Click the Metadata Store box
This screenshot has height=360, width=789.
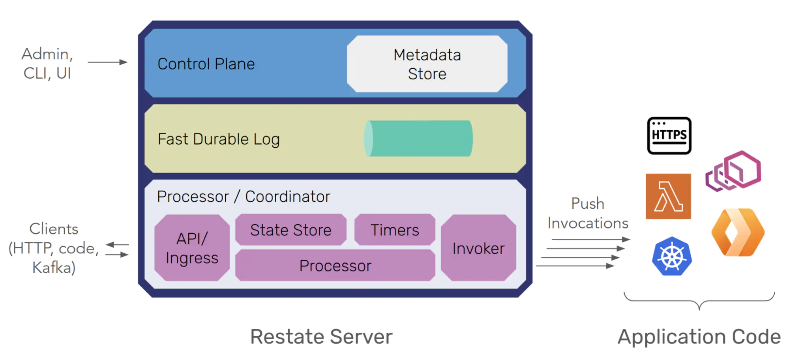point(427,64)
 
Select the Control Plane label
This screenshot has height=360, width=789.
point(206,64)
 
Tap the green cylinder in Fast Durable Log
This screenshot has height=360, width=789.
point(418,139)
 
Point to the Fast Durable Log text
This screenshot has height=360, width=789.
point(219,139)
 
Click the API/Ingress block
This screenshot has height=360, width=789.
point(192,248)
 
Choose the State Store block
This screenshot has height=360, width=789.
point(291,230)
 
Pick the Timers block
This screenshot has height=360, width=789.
point(395,230)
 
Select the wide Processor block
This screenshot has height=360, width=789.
point(335,265)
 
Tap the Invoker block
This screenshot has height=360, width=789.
point(478,248)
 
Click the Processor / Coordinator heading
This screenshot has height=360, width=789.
point(244,197)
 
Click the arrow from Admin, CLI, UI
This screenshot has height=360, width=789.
point(107,62)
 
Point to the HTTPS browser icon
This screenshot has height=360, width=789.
point(669,135)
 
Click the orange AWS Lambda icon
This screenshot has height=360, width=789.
point(668,196)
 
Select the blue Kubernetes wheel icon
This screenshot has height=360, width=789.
point(671,257)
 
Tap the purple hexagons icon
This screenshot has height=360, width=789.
point(733,171)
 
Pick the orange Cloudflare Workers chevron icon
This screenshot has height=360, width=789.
point(737,232)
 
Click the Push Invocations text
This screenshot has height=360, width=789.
point(587,213)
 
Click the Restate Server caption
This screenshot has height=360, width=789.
point(321,337)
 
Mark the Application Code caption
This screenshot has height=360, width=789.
point(699,337)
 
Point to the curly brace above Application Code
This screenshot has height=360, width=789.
point(699,302)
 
